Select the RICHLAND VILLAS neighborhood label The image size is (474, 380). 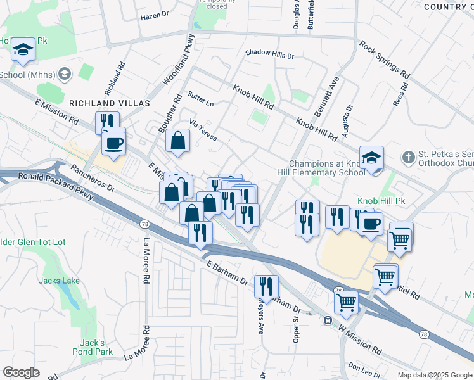click(x=109, y=103)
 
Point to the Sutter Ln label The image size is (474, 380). click(x=200, y=99)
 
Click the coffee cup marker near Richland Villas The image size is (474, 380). click(x=114, y=142)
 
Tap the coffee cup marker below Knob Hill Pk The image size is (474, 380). click(x=371, y=222)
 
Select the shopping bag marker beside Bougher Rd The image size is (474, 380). click(x=178, y=141)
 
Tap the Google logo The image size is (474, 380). click(x=22, y=372)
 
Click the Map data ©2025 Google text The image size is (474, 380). click(x=435, y=375)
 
